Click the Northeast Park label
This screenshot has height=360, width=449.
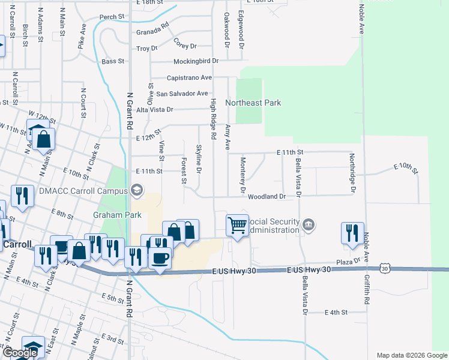click(x=253, y=103)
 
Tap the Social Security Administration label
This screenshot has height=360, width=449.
click(x=274, y=226)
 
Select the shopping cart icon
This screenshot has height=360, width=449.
click(x=238, y=226)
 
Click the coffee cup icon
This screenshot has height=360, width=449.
click(x=160, y=258)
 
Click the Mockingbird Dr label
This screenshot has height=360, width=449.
click(x=187, y=61)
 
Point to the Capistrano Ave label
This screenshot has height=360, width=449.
click(x=181, y=77)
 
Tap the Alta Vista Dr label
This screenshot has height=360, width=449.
click(x=154, y=110)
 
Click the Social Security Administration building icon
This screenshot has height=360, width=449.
click(x=309, y=226)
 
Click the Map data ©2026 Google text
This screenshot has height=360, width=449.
click(x=412, y=355)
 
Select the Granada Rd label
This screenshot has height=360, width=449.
click(x=153, y=32)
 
